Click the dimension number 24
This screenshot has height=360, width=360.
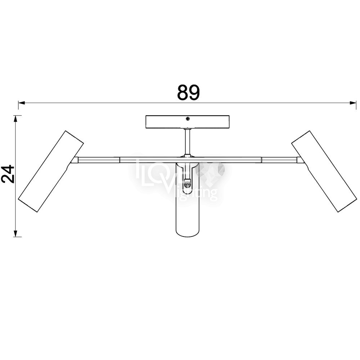coord(8,174)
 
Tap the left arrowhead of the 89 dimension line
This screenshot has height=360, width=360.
coord(21,103)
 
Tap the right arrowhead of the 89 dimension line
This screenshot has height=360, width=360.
coord(353,103)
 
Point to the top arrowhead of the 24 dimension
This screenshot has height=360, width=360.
coord(15,118)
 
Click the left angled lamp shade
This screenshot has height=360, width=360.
coord(51,171)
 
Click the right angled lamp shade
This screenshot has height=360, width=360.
coord(324,171)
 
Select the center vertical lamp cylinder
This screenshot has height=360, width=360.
coord(187,199)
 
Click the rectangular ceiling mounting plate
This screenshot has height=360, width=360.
coord(188,122)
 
